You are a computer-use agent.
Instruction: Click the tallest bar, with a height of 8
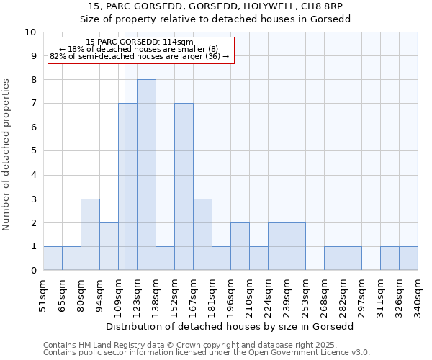(146, 175)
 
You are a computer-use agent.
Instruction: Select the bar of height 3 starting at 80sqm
(90, 235)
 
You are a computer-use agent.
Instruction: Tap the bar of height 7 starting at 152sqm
(184, 187)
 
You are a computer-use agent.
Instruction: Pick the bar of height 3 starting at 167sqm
(202, 235)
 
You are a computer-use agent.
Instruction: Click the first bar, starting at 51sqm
(53, 258)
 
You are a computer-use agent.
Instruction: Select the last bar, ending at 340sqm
(408, 258)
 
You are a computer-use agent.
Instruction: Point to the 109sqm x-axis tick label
(119, 295)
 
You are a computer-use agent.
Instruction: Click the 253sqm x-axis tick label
(306, 295)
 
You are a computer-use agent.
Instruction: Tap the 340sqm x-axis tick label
(418, 295)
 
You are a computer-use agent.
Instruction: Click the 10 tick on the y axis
(30, 32)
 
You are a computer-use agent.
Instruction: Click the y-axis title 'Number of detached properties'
(7, 154)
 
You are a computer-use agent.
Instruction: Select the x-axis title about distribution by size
(230, 325)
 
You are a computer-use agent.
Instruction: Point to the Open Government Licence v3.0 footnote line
(207, 353)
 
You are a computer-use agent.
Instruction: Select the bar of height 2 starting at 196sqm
(240, 247)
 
